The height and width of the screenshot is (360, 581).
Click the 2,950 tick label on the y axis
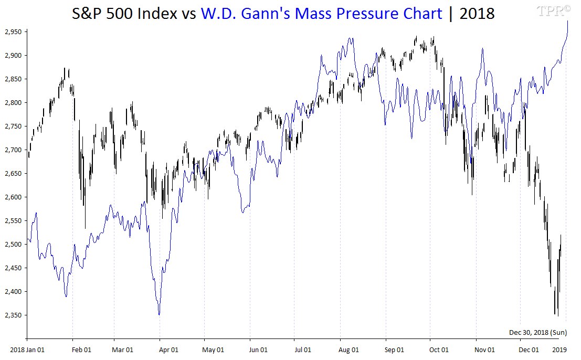pyautogui.click(x=13, y=32)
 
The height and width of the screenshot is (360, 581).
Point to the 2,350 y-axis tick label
pyautogui.click(x=13, y=315)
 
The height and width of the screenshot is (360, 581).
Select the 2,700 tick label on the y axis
pyautogui.click(x=13, y=150)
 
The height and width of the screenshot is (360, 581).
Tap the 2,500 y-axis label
pyautogui.click(x=13, y=245)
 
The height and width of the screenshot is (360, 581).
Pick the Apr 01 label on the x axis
pyautogui.click(x=168, y=350)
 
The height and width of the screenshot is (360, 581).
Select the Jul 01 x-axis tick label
pyautogui.click(x=303, y=350)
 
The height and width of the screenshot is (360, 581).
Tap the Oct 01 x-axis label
pyautogui.click(x=439, y=350)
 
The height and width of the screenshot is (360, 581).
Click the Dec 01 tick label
pyautogui.click(x=529, y=350)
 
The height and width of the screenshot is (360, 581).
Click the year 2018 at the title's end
pyautogui.click(x=477, y=14)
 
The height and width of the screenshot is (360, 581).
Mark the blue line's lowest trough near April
pyautogui.click(x=159, y=314)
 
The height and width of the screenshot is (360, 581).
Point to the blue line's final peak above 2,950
pyautogui.click(x=567, y=22)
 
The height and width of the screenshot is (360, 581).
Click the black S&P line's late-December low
pyautogui.click(x=557, y=315)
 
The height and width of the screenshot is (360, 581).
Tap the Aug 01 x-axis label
pyautogui.click(x=349, y=350)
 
